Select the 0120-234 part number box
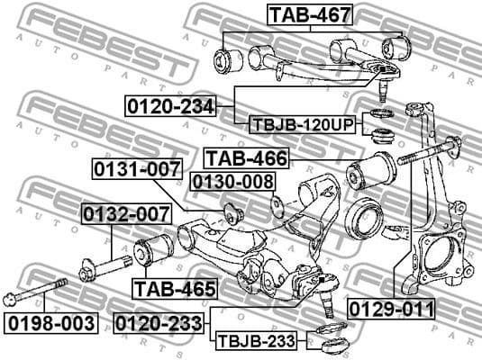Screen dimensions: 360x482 169,106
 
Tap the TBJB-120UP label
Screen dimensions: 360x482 302,125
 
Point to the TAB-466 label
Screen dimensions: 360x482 245,159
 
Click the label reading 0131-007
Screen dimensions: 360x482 136,169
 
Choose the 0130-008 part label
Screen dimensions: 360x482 232,183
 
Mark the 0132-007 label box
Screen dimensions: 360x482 125,214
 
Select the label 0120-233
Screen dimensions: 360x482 158,321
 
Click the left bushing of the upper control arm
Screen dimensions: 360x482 224,60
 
